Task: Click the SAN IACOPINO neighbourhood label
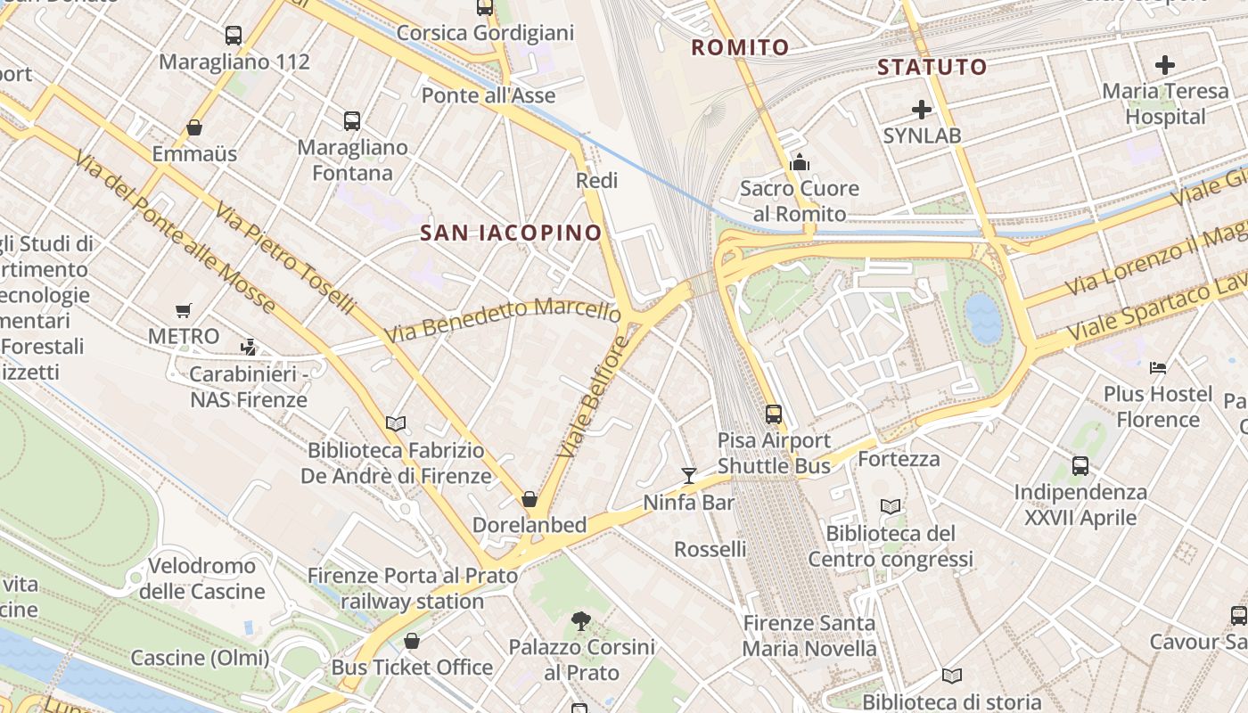(511, 234)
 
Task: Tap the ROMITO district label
(740, 47)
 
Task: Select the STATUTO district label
(932, 67)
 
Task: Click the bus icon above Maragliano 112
(234, 36)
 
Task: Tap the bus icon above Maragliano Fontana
(352, 121)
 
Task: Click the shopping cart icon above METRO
(184, 311)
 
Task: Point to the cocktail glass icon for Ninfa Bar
(688, 476)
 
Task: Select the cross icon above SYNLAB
(922, 110)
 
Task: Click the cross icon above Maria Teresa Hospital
(1164, 65)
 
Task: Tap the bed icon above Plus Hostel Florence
(1158, 367)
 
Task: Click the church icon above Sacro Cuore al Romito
(800, 162)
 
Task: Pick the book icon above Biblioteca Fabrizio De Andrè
(396, 423)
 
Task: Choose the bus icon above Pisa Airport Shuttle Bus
(774, 414)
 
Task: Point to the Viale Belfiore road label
(593, 397)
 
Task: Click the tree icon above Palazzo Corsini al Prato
(580, 620)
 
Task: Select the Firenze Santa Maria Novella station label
(809, 635)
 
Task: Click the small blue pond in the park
(983, 318)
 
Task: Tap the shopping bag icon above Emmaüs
(194, 128)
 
